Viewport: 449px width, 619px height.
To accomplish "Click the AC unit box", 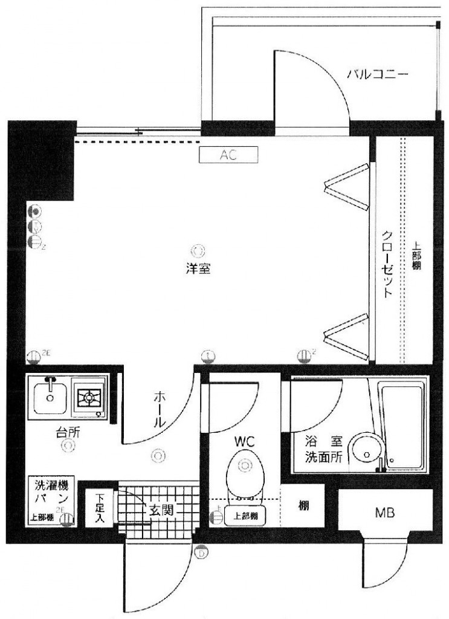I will tap(228, 155).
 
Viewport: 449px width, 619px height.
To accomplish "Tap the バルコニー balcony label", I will tap(378, 76).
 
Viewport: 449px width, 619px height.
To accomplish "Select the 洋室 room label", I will tap(198, 270).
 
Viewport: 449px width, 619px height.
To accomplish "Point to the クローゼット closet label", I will tap(387, 264).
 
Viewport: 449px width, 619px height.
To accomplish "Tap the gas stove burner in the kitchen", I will tap(88, 398).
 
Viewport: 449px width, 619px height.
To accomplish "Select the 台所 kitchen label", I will tap(68, 432).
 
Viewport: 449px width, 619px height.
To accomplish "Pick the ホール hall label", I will tap(160, 409).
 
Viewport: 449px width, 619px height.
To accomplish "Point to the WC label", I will tap(245, 442).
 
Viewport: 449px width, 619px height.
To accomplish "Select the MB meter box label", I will tap(384, 514).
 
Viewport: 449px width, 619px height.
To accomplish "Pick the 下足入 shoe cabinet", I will tap(100, 508).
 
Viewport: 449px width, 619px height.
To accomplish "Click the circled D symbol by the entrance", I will tap(201, 551).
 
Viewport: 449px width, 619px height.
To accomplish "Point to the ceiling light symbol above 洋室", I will tap(198, 248).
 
